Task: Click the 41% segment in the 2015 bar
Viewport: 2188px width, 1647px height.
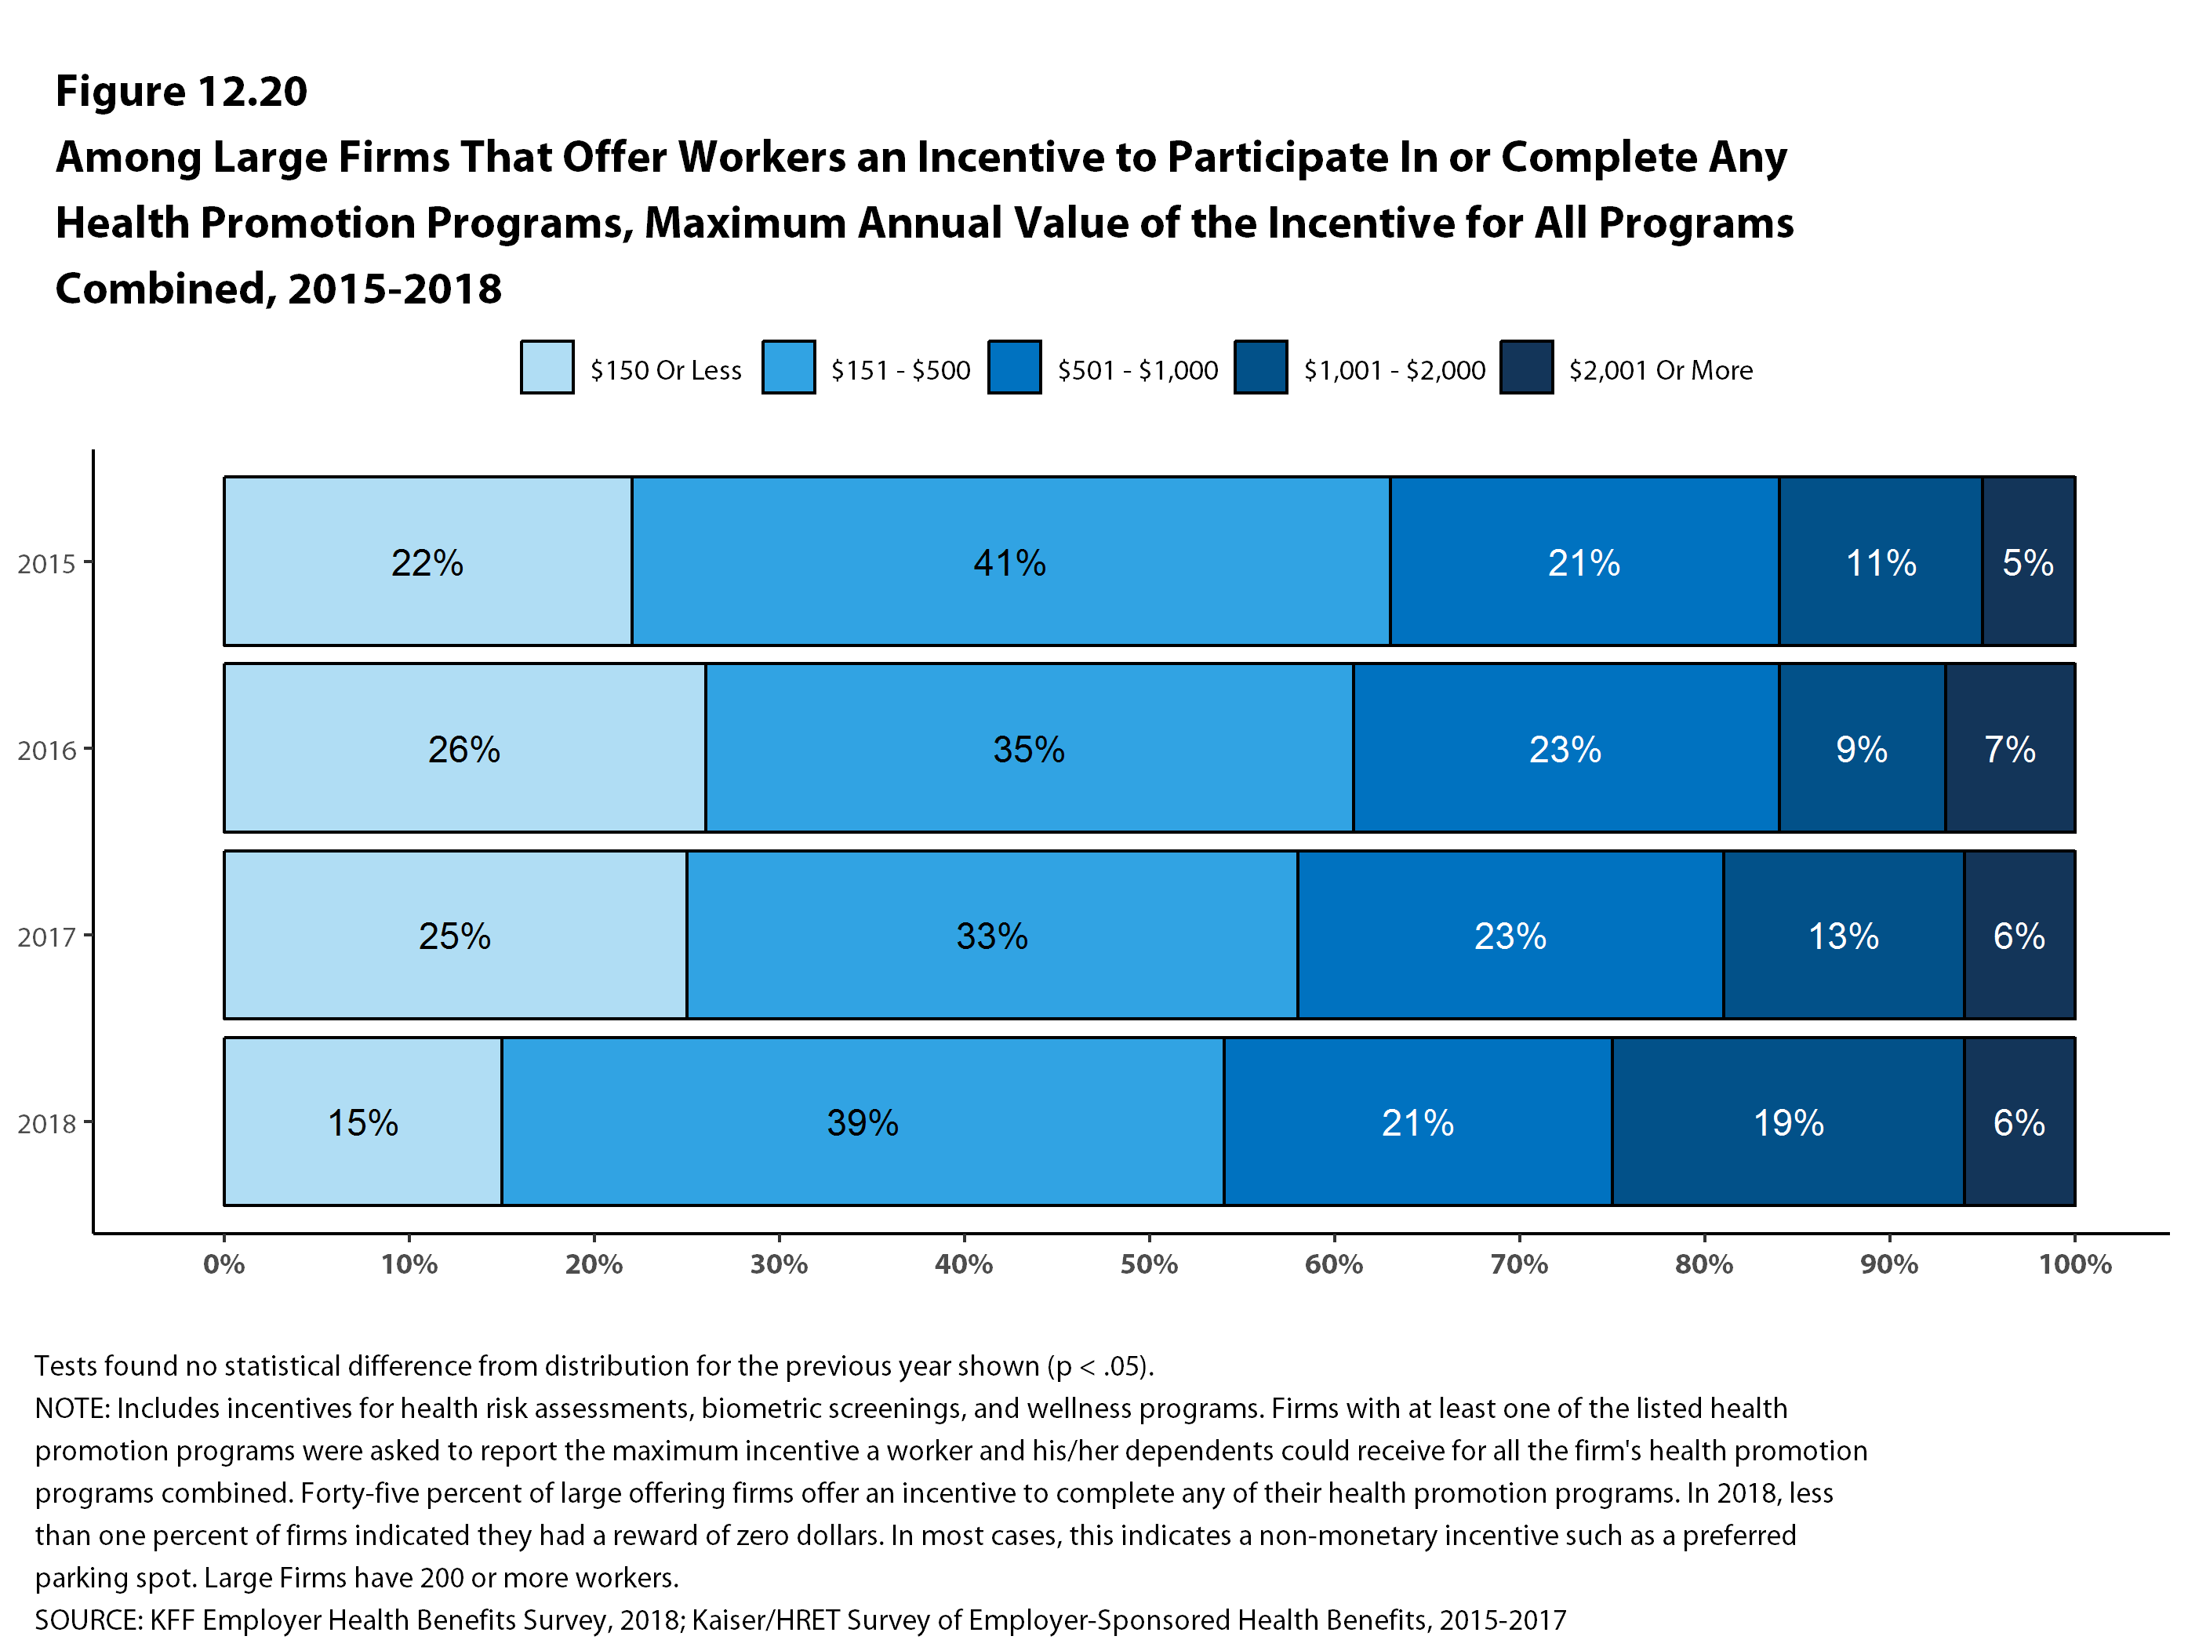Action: click(x=1010, y=561)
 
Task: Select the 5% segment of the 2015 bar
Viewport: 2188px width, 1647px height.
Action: click(x=2028, y=561)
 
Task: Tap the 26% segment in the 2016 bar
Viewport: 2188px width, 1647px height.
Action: click(x=464, y=748)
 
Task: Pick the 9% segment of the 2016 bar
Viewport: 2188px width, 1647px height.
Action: click(x=1862, y=748)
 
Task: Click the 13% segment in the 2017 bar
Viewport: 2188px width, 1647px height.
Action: click(x=1843, y=935)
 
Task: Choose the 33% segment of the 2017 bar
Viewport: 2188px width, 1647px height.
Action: click(x=991, y=935)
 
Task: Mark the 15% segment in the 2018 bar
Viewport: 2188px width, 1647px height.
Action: click(x=362, y=1122)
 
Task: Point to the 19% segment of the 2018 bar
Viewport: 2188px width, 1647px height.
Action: click(x=1787, y=1122)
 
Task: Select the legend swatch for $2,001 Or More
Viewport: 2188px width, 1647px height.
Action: click(x=1526, y=367)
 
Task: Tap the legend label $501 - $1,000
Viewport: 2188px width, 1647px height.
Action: click(x=1137, y=370)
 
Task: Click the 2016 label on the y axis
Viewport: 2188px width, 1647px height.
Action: click(x=46, y=751)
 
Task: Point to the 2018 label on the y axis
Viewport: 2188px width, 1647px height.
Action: click(x=46, y=1124)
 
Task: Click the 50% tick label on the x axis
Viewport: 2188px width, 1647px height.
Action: click(x=1148, y=1264)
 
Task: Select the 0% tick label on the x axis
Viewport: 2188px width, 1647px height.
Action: click(x=224, y=1264)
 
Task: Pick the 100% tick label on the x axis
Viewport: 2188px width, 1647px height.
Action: click(x=2074, y=1264)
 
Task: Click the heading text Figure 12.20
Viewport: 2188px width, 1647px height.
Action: click(x=181, y=91)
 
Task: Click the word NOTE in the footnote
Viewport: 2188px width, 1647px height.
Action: click(x=69, y=1409)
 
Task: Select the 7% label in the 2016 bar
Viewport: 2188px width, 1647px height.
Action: click(x=2009, y=749)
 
